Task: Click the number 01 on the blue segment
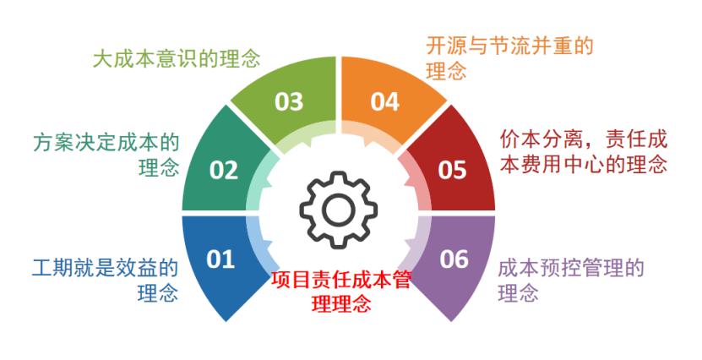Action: point(220,259)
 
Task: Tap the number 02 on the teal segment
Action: point(224,170)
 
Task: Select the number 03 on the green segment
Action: point(289,101)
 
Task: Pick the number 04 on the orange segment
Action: point(384,101)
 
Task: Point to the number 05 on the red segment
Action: point(452,170)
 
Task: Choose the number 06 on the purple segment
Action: point(454,259)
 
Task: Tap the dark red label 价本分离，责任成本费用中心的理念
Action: point(584,150)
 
